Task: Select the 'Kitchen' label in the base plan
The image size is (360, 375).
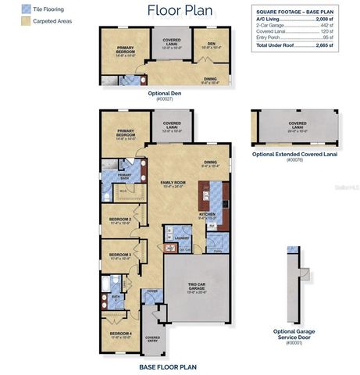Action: point(209,213)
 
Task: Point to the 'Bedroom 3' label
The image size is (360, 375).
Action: point(119,255)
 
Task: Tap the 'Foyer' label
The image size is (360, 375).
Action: point(151,293)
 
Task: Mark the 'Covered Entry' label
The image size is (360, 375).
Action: point(153,339)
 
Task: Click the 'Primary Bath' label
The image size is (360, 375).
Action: point(124,176)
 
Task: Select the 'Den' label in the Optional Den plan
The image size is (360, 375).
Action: point(211,44)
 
